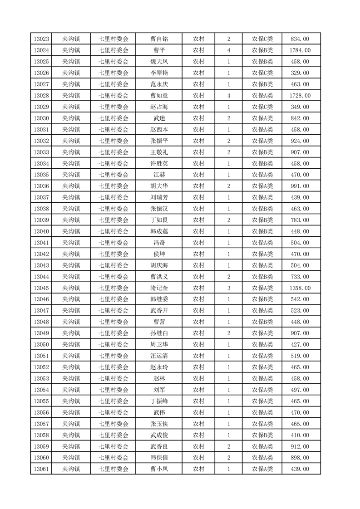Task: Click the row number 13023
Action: [x=41, y=39]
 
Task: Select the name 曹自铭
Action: [x=159, y=39]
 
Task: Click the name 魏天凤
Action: [x=159, y=62]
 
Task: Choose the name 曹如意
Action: [x=159, y=96]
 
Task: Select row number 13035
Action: [x=41, y=175]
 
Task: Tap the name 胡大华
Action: [x=159, y=186]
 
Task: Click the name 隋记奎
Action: [x=159, y=288]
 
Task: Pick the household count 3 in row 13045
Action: [x=228, y=288]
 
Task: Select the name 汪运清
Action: [x=159, y=356]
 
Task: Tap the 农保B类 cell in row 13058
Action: [x=262, y=435]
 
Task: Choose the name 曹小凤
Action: [x=159, y=469]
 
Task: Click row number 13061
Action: [x=41, y=469]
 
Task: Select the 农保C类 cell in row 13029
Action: [x=262, y=107]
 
